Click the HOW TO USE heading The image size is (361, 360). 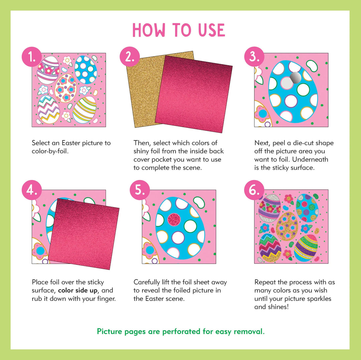(x=179, y=30)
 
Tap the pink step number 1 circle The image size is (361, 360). (x=32, y=57)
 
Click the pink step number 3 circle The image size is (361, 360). (x=254, y=57)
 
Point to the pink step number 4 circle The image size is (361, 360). (x=32, y=190)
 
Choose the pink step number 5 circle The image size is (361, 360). (x=140, y=190)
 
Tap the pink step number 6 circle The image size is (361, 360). (x=254, y=190)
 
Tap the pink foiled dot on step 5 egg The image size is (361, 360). (x=173, y=220)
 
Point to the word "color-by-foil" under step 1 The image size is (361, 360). (x=50, y=151)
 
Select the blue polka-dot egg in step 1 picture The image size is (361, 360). (x=86, y=69)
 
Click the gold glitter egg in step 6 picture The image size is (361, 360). (x=287, y=226)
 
